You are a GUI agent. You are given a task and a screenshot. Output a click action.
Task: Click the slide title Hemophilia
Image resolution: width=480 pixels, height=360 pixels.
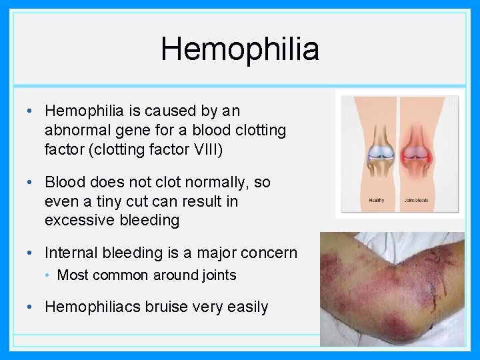click(x=240, y=49)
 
